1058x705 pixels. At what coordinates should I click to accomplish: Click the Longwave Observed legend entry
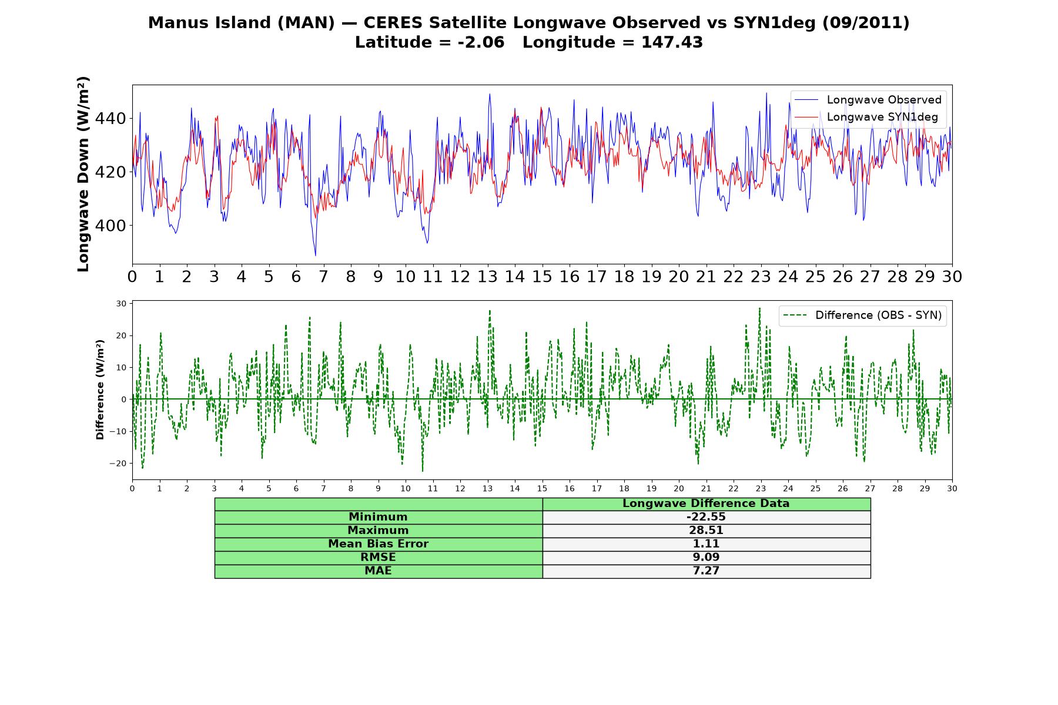(x=868, y=100)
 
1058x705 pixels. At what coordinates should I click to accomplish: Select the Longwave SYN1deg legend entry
(x=868, y=117)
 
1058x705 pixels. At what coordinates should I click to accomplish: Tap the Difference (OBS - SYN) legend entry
(x=862, y=315)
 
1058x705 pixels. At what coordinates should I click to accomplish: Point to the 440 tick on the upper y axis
(x=111, y=119)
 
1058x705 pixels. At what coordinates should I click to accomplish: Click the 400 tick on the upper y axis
(x=111, y=226)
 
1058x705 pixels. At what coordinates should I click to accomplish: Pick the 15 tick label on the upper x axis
(x=542, y=277)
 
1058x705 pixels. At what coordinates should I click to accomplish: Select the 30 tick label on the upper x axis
(x=952, y=277)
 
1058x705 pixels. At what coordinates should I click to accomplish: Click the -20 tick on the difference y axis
(x=118, y=463)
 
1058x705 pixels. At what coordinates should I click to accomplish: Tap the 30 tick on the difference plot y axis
(x=122, y=304)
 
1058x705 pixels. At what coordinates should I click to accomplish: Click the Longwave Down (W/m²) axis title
(x=83, y=174)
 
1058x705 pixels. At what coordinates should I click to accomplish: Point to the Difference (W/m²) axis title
(x=100, y=390)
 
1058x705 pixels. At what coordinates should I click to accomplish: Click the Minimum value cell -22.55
(x=706, y=517)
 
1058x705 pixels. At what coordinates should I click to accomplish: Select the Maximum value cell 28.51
(x=706, y=531)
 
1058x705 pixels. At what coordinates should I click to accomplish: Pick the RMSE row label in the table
(x=378, y=558)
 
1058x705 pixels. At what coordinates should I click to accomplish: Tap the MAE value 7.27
(x=706, y=571)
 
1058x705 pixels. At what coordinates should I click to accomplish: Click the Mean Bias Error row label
(x=378, y=544)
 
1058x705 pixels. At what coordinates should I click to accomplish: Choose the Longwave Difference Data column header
(x=706, y=503)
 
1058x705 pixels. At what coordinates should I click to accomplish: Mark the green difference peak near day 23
(x=759, y=308)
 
